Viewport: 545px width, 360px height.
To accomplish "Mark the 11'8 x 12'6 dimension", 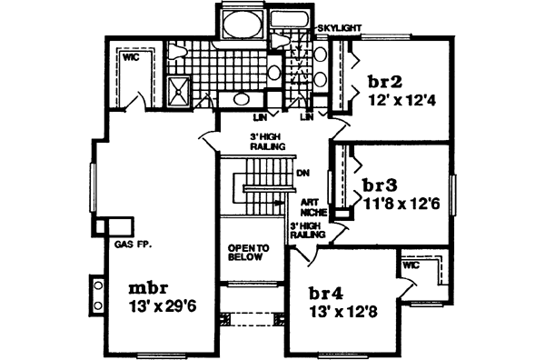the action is tap(401, 205).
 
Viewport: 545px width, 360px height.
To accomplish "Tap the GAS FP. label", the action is tap(133, 243).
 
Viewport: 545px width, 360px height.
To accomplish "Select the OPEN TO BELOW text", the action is tap(245, 253).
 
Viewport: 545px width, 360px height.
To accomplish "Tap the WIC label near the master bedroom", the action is tap(131, 56).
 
